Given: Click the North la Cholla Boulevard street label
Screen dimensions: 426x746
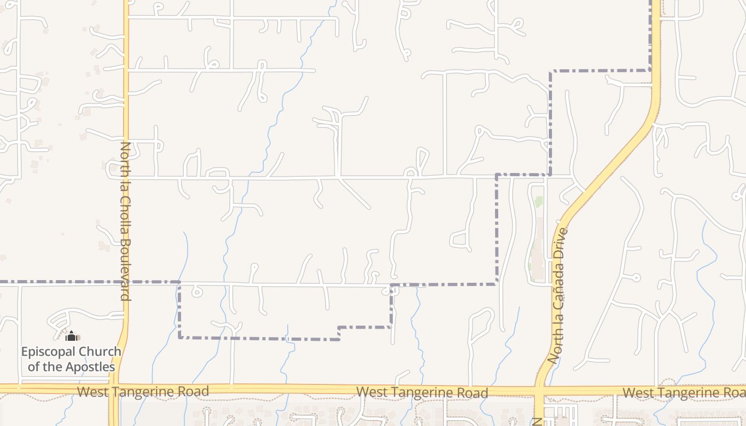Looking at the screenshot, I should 125,221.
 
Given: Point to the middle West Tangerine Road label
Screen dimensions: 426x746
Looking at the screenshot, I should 422,393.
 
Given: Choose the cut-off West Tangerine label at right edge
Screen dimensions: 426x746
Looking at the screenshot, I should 684,393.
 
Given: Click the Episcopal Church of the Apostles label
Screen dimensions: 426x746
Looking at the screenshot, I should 71,359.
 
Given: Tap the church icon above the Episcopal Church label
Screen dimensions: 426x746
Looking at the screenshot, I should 71,336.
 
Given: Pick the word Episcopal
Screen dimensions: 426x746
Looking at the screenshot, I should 47,352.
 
